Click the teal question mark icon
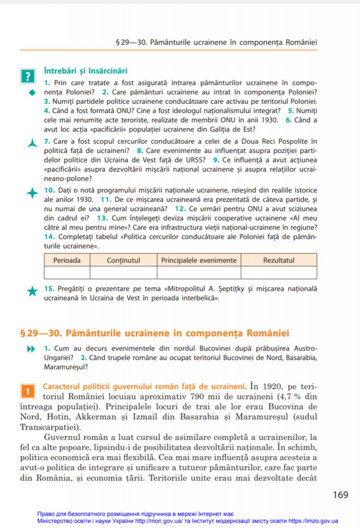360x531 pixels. pyautogui.click(x=28, y=76)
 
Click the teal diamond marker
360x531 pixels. pyautogui.click(x=32, y=92)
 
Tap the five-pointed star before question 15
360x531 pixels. pyautogui.click(x=32, y=291)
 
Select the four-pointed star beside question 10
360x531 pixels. pyautogui.click(x=32, y=193)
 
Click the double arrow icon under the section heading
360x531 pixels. pyautogui.click(x=31, y=349)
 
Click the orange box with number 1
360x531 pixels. pyautogui.click(x=28, y=391)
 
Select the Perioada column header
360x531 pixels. pyautogui.click(x=67, y=260)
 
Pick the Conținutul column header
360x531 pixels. pyautogui.click(x=123, y=260)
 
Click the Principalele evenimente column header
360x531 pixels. pyautogui.click(x=199, y=260)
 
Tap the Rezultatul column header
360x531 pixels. pyautogui.click(x=279, y=260)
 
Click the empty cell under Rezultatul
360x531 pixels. pyautogui.click(x=279, y=272)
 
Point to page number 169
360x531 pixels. pyautogui.click(x=340, y=495)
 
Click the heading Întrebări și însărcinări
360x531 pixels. pyautogui.click(x=86, y=71)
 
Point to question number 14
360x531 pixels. pyautogui.click(x=49, y=237)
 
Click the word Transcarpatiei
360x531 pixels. pyautogui.click(x=50, y=427)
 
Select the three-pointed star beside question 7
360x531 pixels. pyautogui.click(x=32, y=143)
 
